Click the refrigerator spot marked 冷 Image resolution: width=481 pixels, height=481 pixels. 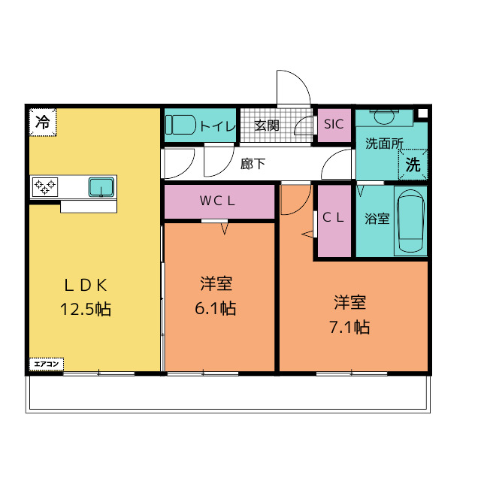[x=43, y=122]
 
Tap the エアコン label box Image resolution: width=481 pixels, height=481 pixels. [x=47, y=364]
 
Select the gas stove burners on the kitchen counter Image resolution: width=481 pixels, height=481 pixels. [x=45, y=187]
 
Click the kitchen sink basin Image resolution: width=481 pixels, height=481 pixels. [x=101, y=187]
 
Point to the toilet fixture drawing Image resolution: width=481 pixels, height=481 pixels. [x=180, y=125]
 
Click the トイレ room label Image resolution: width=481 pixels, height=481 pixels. [x=217, y=126]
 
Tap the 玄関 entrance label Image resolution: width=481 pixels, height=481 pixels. [x=267, y=126]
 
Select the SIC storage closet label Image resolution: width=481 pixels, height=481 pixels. [x=334, y=124]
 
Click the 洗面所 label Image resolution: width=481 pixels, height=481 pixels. [x=384, y=144]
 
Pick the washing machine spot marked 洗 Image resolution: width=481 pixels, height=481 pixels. [x=413, y=165]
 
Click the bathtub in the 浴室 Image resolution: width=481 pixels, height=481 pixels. [x=410, y=220]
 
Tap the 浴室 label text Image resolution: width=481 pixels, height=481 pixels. [x=377, y=219]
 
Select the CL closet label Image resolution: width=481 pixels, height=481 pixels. [x=333, y=217]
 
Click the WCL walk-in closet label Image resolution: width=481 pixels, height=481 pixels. [x=217, y=201]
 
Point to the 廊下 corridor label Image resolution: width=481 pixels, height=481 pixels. [x=253, y=164]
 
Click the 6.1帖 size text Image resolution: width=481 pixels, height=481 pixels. [x=216, y=308]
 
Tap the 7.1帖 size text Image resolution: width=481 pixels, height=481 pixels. [x=349, y=327]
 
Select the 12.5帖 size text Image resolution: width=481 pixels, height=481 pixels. [x=86, y=309]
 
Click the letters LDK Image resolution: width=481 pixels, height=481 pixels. [x=86, y=286]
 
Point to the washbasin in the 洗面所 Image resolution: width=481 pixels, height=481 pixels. [x=384, y=117]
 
